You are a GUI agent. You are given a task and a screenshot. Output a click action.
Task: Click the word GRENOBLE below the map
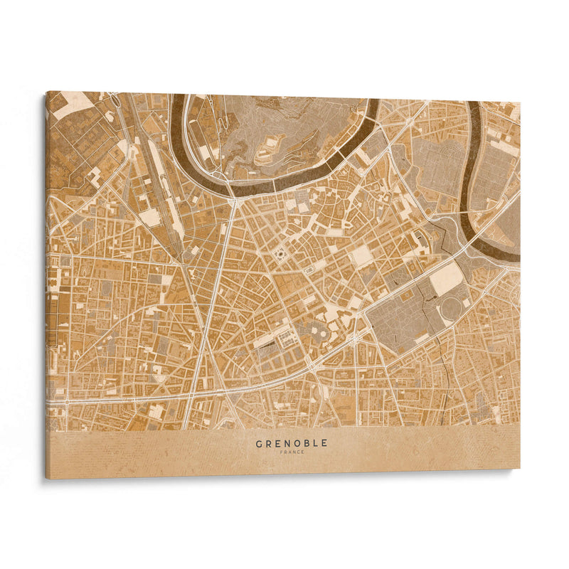(292, 443)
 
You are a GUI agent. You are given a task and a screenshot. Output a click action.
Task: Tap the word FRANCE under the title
(292, 452)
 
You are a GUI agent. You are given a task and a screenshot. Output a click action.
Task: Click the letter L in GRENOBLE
(315, 443)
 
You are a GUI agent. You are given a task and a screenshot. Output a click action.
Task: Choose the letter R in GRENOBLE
(268, 443)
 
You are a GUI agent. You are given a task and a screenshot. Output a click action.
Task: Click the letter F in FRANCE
(282, 452)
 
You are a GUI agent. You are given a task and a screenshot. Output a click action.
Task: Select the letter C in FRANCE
(298, 452)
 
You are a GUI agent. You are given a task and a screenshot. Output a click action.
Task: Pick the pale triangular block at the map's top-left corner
(72, 104)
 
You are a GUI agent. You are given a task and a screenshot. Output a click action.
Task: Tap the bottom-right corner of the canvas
(519, 467)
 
